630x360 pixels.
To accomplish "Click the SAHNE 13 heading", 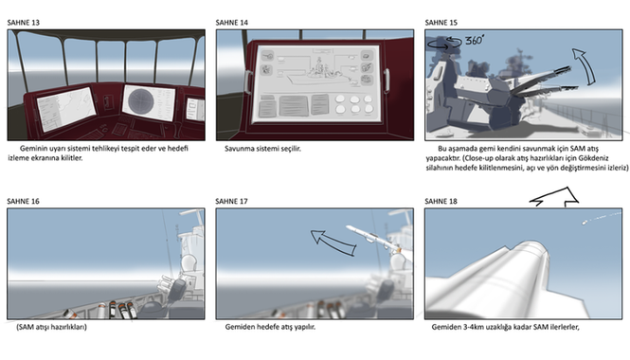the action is coord(24,23).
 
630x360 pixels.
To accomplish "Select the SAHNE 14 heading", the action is coord(232,23).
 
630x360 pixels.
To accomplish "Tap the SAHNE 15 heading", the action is coord(441,23).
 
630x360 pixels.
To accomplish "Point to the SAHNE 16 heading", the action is coord(24,201).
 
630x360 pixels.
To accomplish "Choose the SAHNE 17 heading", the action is coord(232,201).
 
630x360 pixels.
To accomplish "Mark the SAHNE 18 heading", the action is coord(441,201).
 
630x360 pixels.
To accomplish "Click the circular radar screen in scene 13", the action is coord(141,101).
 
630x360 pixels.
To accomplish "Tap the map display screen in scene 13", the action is coord(66,109).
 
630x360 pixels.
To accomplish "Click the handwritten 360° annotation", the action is coord(475,40).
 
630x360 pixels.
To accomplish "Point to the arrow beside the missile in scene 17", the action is coord(332,242).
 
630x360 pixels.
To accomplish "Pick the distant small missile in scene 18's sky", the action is coord(585,222).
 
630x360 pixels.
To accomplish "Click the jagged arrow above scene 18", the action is coord(554,196).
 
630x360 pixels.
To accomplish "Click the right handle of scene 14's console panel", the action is coord(387,81).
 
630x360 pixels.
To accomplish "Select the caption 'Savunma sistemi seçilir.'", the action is coord(262,149).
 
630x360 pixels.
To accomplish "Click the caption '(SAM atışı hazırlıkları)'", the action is coord(51,327).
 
